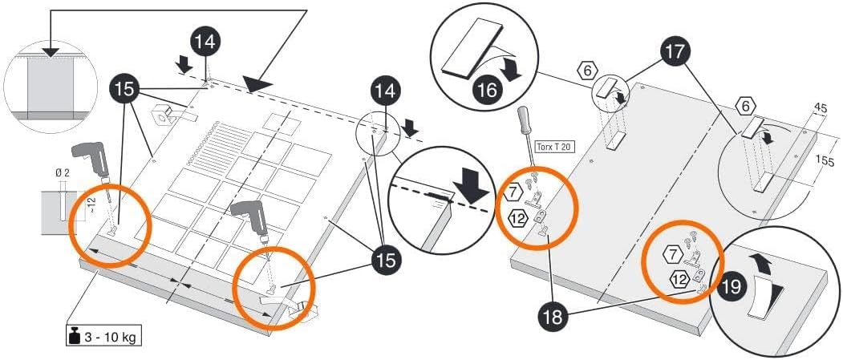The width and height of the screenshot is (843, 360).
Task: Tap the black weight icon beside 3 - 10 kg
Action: coord(74,335)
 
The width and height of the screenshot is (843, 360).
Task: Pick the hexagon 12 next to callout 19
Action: coord(679,279)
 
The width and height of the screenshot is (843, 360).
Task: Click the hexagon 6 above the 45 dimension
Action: coord(745,104)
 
